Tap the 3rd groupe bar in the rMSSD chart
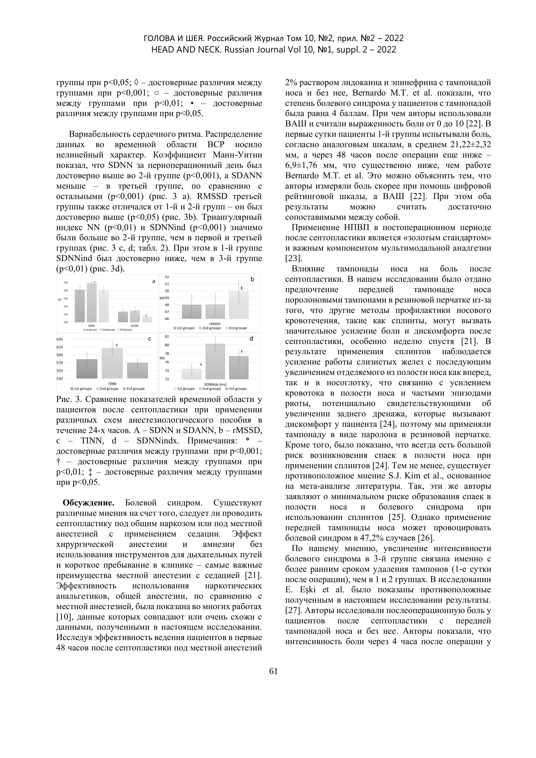(x=239, y=305)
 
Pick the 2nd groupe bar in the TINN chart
(x=112, y=363)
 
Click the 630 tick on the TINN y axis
(x=60, y=339)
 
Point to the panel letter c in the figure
(x=150, y=339)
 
